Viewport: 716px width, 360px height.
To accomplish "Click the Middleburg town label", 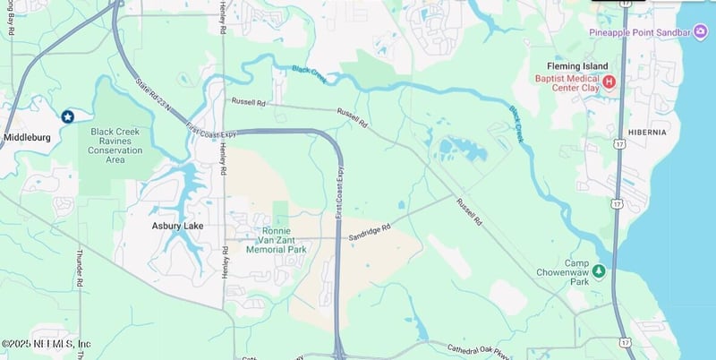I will (26, 138).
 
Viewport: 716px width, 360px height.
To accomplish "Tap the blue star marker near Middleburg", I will (67, 116).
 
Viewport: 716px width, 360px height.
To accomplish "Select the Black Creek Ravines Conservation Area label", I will (115, 145).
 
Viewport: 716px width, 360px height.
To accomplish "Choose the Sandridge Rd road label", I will (370, 233).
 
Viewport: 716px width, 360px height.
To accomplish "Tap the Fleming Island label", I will (578, 66).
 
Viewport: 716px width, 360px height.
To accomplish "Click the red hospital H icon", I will (609, 81).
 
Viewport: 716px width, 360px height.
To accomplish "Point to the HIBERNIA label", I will (648, 132).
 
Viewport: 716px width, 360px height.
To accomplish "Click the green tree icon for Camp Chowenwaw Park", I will (598, 270).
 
